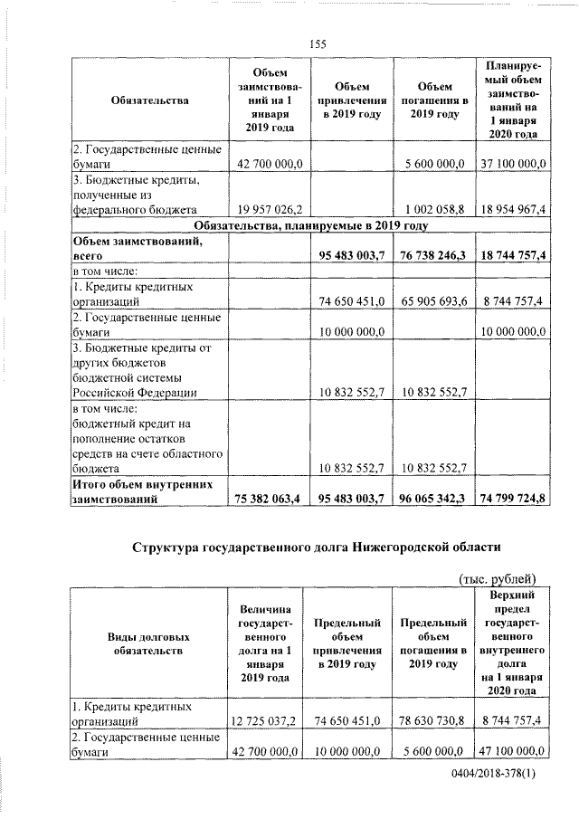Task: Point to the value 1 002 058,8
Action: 432,209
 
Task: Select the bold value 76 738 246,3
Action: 431,256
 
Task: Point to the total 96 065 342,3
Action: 431,498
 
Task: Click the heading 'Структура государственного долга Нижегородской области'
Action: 315,548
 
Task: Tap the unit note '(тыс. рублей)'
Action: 498,579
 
